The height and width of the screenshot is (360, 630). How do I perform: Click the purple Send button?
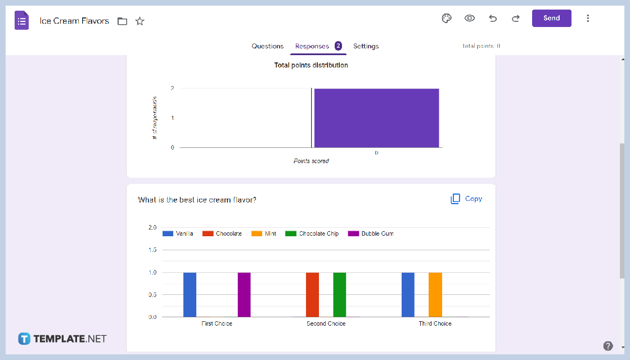coord(551,18)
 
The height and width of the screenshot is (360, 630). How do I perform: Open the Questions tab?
coord(267,46)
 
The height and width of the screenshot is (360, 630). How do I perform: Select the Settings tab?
coord(366,46)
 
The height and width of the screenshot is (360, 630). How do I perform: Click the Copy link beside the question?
coord(466,199)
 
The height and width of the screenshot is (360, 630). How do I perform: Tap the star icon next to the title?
coord(140,21)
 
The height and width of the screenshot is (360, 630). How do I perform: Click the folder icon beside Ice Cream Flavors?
coord(122,21)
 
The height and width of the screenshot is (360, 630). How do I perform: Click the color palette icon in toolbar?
coord(447,18)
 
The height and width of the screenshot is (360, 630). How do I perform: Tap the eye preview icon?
coord(470,18)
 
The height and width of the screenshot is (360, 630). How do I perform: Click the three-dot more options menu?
coord(588,18)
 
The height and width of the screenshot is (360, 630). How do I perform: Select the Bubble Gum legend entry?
coord(371,233)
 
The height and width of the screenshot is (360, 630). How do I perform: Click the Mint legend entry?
coord(264,233)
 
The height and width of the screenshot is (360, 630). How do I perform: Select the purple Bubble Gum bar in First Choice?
coord(244,295)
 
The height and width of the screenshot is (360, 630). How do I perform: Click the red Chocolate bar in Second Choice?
coord(312,295)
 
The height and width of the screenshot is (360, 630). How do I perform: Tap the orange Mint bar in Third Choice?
coord(435,295)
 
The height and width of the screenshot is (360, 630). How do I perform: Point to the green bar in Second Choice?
coord(340,295)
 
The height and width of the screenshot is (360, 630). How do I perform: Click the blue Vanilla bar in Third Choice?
coord(408,295)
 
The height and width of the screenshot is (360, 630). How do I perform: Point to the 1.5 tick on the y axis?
coord(152,250)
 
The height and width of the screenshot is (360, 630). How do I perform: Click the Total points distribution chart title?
coord(311,65)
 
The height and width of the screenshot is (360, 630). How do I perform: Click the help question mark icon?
coord(607,346)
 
